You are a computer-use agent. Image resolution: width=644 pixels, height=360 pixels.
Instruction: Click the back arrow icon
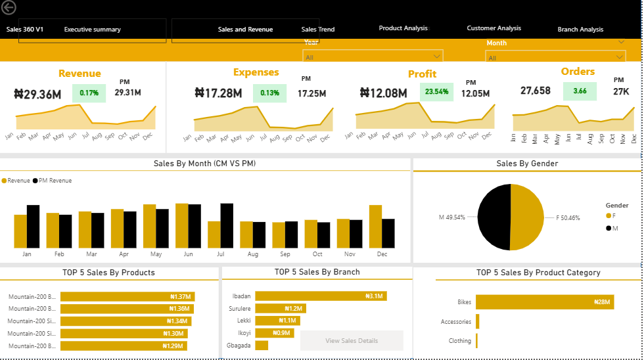click(x=9, y=8)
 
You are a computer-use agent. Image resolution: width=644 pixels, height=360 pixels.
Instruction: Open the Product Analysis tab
click(x=403, y=28)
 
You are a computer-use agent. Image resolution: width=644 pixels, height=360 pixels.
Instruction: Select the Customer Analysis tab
click(x=494, y=28)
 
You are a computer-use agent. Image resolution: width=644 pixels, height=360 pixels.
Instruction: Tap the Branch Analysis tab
click(x=580, y=30)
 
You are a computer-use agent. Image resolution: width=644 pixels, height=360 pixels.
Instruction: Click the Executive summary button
click(x=92, y=30)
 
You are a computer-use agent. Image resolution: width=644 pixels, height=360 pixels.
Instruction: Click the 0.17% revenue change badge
click(x=89, y=93)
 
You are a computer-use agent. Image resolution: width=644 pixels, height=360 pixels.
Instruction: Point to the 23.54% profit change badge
click(x=436, y=92)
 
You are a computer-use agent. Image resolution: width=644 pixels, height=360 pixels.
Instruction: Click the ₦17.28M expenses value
click(x=218, y=93)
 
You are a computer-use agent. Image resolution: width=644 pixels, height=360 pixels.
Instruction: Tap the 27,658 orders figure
click(x=535, y=91)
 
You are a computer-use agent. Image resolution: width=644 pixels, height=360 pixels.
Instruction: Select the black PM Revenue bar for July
click(x=227, y=225)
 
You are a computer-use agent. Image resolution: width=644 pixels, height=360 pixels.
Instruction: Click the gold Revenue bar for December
click(x=375, y=226)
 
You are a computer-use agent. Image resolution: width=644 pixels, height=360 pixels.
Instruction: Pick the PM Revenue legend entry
click(x=55, y=181)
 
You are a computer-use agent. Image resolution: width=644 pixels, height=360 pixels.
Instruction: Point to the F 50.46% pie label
click(x=568, y=217)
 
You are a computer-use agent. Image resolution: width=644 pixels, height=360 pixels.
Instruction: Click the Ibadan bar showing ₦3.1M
click(x=320, y=296)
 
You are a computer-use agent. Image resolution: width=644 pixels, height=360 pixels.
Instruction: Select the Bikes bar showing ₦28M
click(x=544, y=302)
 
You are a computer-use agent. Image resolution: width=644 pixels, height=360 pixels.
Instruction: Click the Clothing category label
click(x=459, y=341)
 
